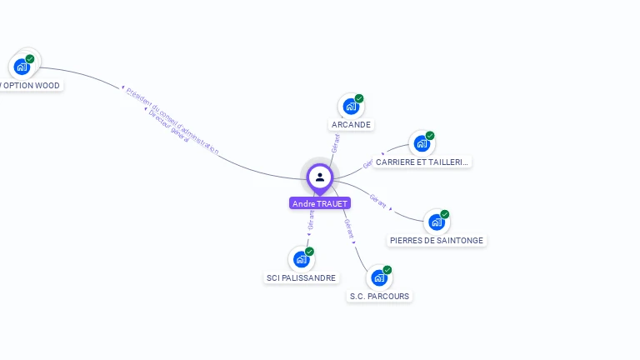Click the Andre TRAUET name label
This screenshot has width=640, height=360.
tap(320, 203)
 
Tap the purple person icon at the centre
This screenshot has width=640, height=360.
tap(320, 177)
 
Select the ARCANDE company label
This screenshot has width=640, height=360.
tap(351, 125)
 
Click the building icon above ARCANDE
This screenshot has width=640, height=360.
tap(351, 107)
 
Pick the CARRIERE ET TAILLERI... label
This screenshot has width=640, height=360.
tap(422, 162)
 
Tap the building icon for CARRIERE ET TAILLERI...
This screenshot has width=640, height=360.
tap(422, 143)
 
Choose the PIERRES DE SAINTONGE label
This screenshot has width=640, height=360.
tap(437, 241)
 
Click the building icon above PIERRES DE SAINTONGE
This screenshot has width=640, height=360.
tap(436, 222)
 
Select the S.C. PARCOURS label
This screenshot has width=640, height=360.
tap(379, 296)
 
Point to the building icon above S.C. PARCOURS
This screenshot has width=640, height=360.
tap(379, 277)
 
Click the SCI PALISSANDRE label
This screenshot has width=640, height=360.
tap(301, 277)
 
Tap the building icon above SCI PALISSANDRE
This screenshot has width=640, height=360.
tap(301, 259)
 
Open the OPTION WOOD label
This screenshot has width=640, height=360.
tap(31, 85)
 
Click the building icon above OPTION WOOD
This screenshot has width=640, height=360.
tap(22, 67)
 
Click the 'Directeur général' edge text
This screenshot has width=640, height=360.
tap(168, 127)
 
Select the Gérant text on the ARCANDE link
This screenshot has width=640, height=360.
tap(336, 142)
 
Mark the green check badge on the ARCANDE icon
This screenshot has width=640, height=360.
tap(359, 98)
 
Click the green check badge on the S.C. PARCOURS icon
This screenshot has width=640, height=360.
tap(387, 270)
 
